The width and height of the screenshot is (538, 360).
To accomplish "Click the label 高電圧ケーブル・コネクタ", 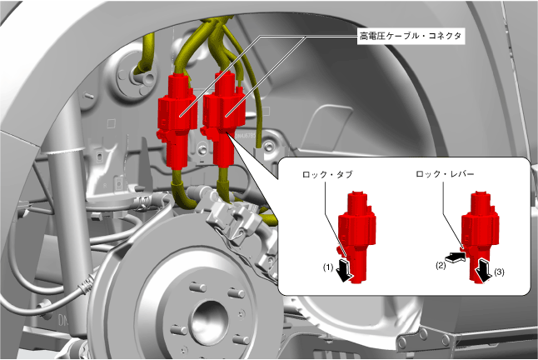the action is click(x=411, y=36).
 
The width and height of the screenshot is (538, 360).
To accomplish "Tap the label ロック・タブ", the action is click(x=327, y=174).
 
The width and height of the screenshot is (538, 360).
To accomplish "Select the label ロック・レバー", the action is click(x=445, y=174).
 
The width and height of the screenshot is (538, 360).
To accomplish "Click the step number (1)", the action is click(x=328, y=267).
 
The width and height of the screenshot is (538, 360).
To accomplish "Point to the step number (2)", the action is click(x=441, y=265).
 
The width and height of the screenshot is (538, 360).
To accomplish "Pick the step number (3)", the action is click(x=499, y=272).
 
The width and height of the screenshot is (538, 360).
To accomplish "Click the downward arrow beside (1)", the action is click(x=344, y=271).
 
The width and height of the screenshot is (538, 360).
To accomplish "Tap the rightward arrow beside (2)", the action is click(x=455, y=257).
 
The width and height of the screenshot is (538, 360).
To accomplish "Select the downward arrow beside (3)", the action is click(x=483, y=271).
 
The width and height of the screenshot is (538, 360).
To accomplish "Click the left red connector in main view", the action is click(x=177, y=120).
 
